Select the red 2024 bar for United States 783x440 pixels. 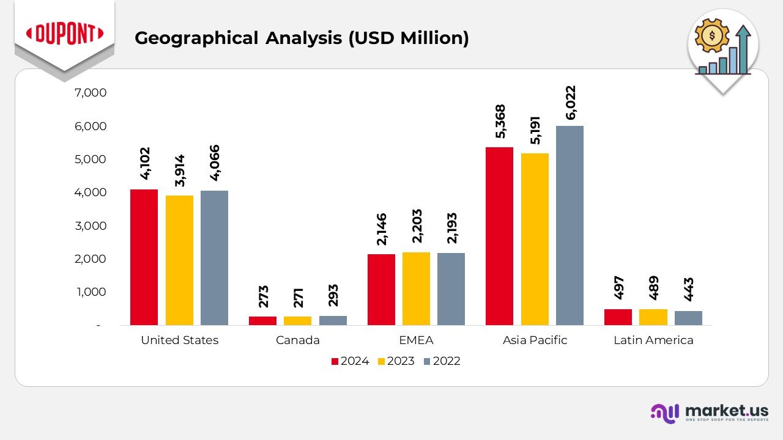click(144, 257)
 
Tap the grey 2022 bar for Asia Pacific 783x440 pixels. click(570, 226)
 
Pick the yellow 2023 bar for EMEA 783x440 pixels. click(416, 288)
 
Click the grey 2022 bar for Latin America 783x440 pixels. click(688, 318)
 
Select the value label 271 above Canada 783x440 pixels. click(299, 296)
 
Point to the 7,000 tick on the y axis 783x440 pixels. click(90, 93)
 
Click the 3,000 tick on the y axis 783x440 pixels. click(90, 226)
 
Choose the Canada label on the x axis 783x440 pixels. click(298, 340)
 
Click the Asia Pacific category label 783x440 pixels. click(535, 340)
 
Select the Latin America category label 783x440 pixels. click(653, 340)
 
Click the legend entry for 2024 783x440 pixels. click(351, 361)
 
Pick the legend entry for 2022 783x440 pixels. click(440, 361)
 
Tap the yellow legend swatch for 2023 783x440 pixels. click(381, 361)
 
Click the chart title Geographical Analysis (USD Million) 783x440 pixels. click(302, 38)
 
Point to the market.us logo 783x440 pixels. click(709, 413)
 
